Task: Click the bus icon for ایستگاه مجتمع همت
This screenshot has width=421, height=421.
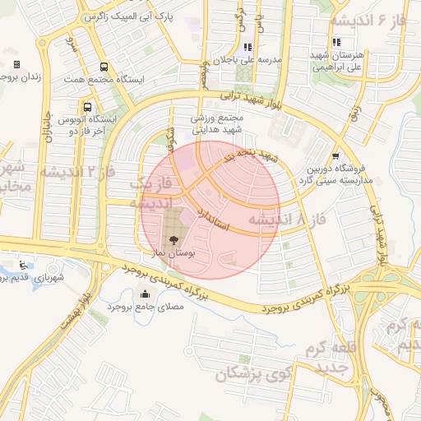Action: (103, 67)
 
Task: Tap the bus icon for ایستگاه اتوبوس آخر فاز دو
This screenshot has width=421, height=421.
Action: (87, 107)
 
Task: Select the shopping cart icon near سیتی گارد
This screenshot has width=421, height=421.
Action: (335, 155)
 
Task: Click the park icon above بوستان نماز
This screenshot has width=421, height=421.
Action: (173, 239)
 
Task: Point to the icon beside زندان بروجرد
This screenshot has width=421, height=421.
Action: (16, 64)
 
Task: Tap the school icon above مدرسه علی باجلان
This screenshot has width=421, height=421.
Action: (248, 47)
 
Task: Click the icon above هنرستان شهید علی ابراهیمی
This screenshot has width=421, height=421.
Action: (335, 42)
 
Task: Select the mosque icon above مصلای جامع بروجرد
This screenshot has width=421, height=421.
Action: (146, 294)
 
